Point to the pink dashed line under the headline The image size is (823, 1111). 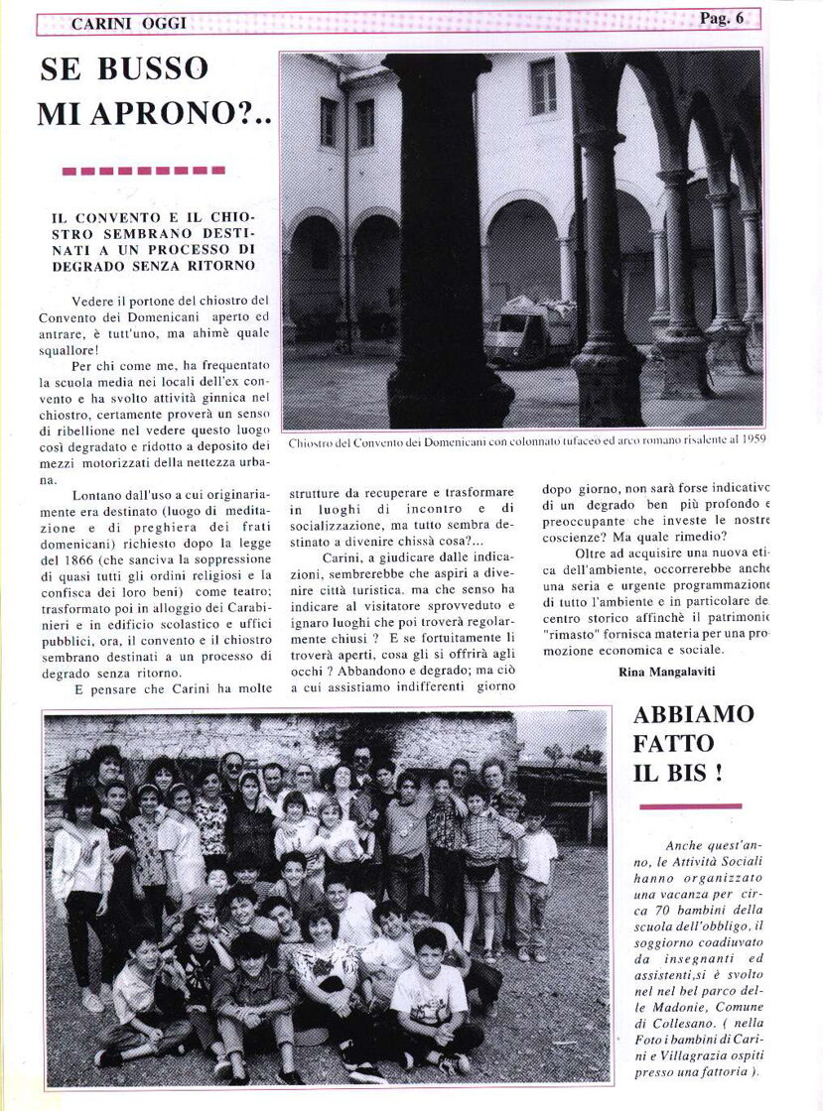(143, 171)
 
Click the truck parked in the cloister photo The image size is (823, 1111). (528, 330)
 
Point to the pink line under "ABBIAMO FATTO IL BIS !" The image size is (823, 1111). (689, 806)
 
